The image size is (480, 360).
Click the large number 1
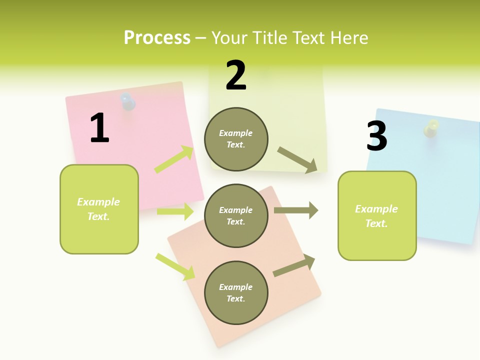click(99, 128)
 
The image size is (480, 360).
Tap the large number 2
click(236, 75)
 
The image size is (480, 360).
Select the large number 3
click(377, 136)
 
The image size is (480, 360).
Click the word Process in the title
click(157, 37)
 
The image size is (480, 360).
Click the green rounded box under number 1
click(99, 209)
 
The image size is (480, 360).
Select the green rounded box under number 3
click(377, 215)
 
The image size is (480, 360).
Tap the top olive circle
click(236, 139)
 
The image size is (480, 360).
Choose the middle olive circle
click(236, 215)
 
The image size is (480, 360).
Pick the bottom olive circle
click(236, 292)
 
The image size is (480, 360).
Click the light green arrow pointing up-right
click(174, 159)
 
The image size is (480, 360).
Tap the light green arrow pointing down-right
click(175, 266)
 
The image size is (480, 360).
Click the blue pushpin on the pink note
click(128, 102)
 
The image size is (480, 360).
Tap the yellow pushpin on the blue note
click(431, 128)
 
